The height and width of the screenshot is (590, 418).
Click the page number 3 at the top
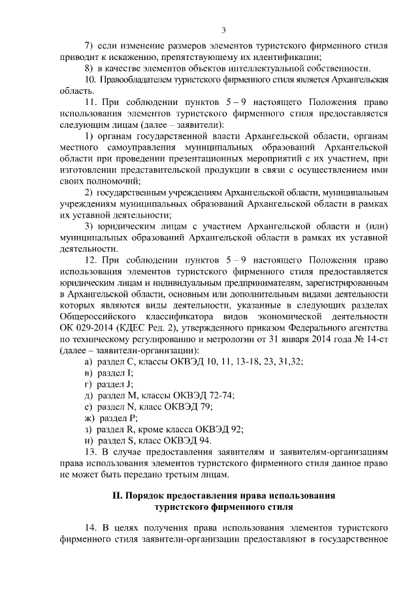coord(224,30)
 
